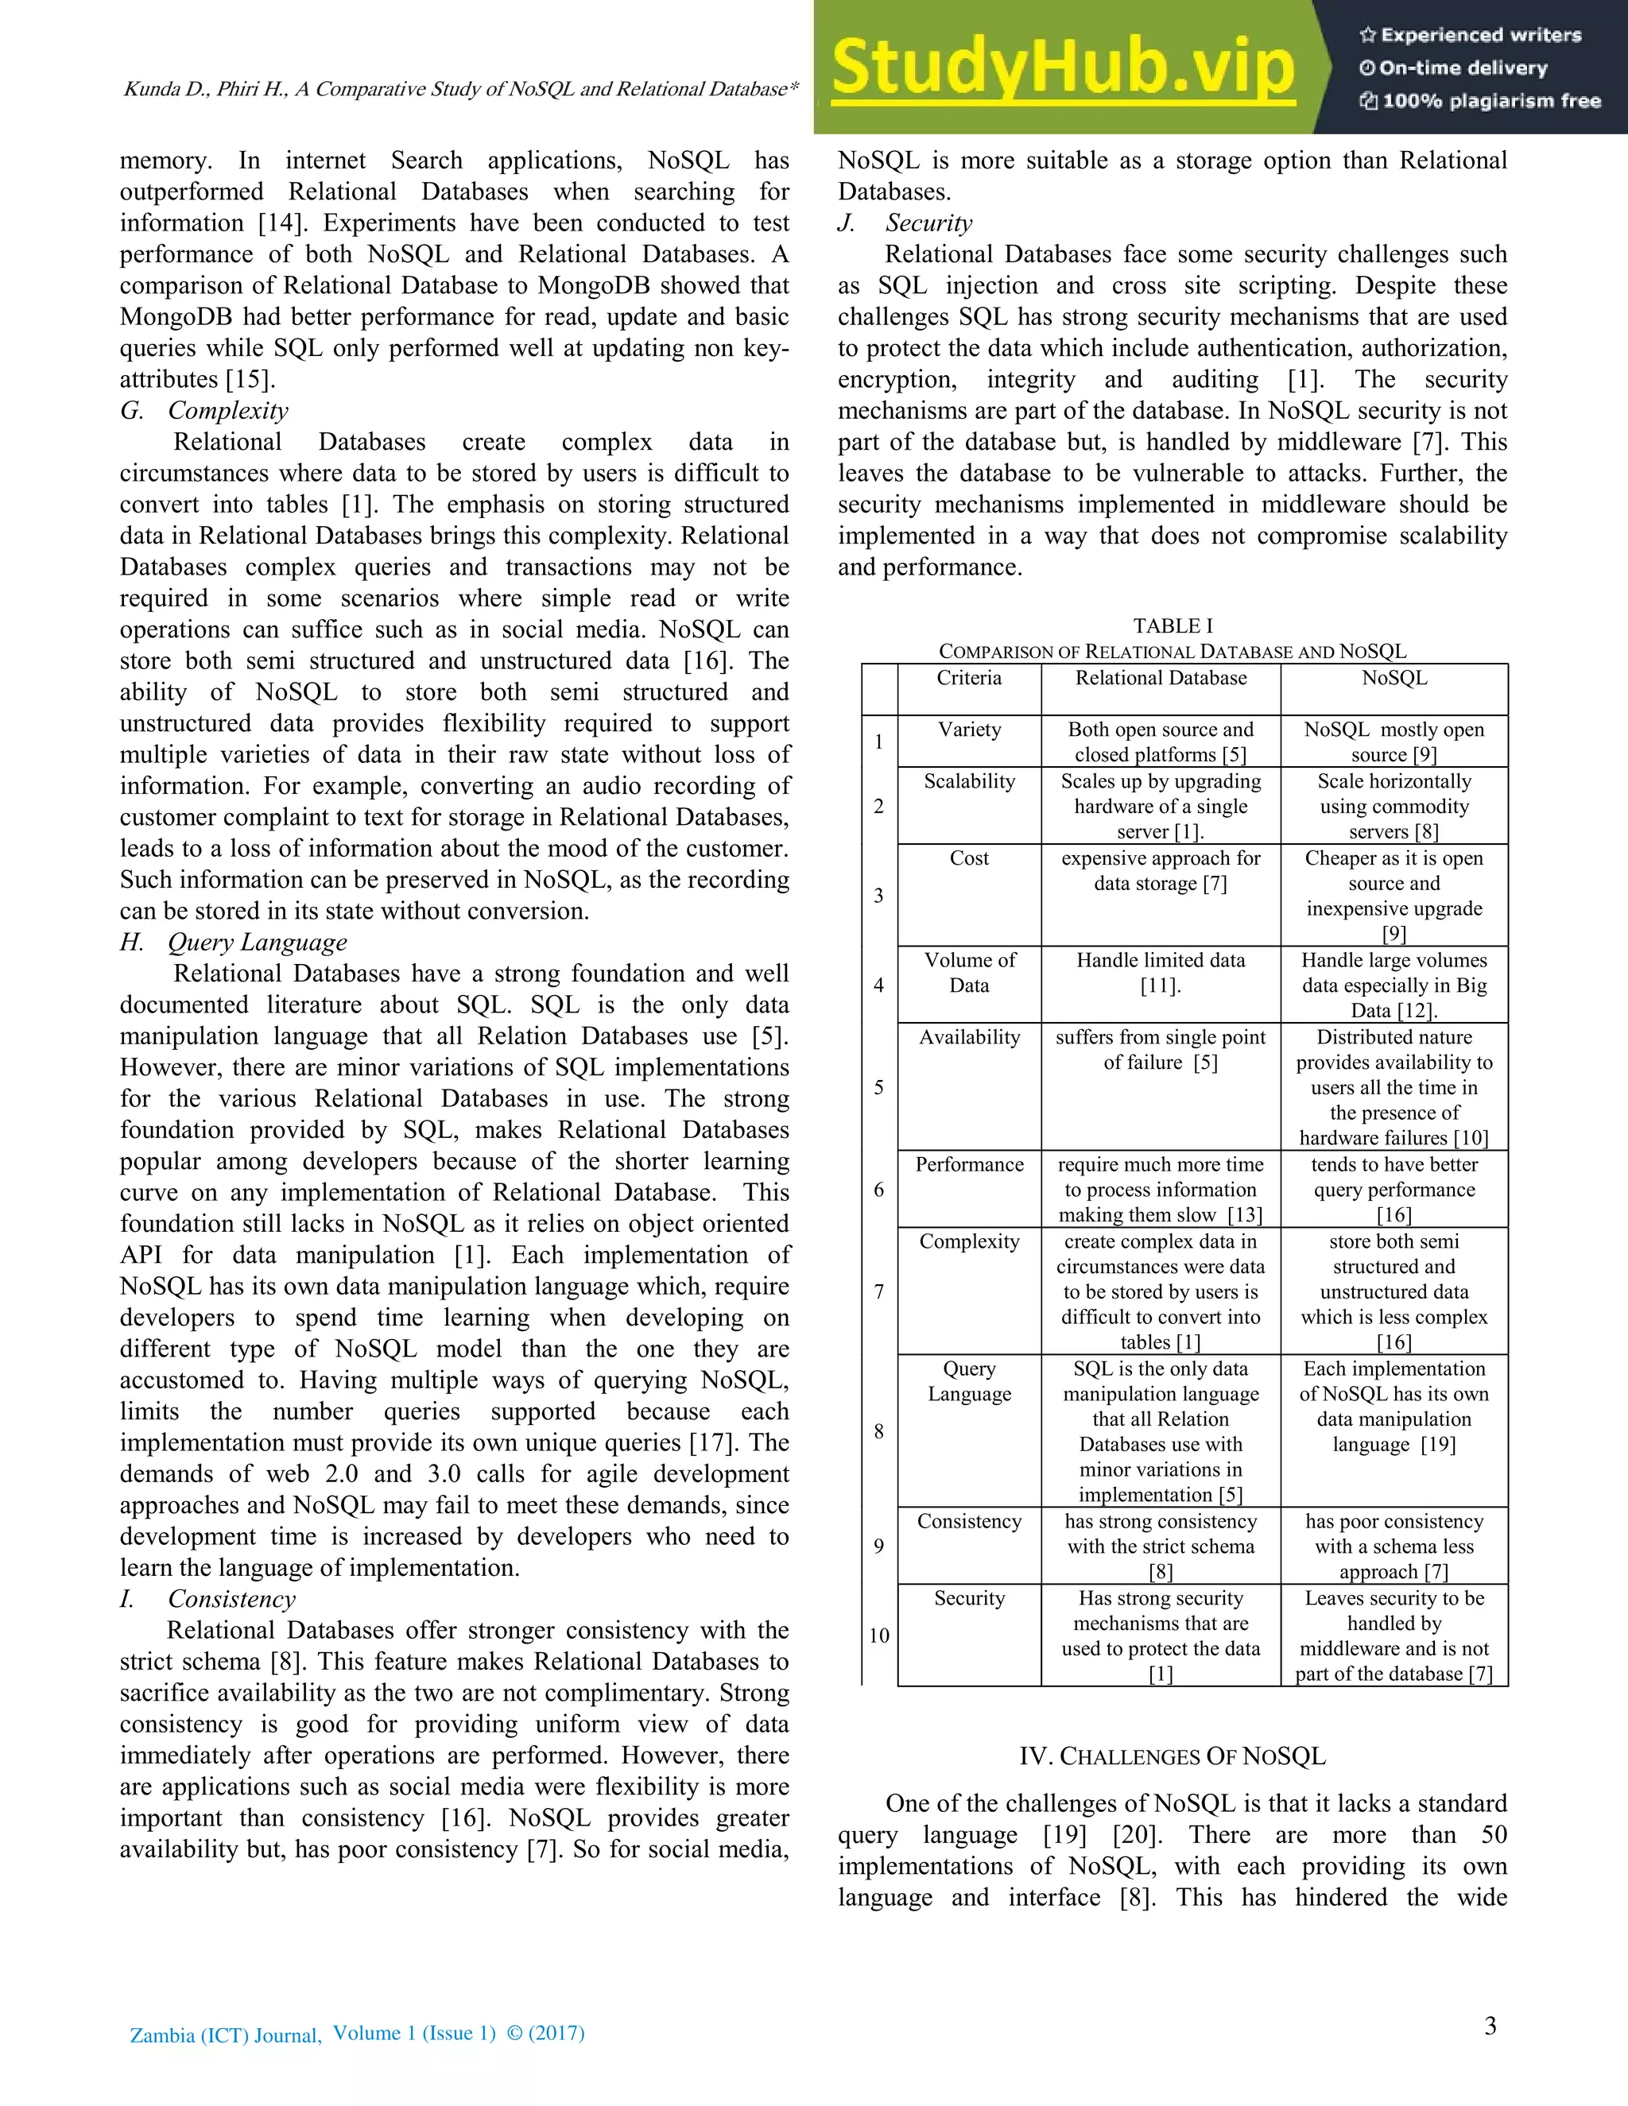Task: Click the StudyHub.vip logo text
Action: pyautogui.click(x=1063, y=68)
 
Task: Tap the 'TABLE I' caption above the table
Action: pyautogui.click(x=1172, y=625)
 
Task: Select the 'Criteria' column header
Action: pyautogui.click(x=968, y=678)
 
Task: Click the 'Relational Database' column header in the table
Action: pyautogui.click(x=1161, y=678)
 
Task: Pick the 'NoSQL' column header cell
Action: pyautogui.click(x=1393, y=678)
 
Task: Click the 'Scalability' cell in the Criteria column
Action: pyautogui.click(x=968, y=781)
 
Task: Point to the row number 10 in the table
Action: pyautogui.click(x=878, y=1636)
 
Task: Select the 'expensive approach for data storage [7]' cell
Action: pyautogui.click(x=1161, y=871)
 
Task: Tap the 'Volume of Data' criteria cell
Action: pyautogui.click(x=968, y=973)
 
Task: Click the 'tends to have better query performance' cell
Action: pyautogui.click(x=1393, y=1189)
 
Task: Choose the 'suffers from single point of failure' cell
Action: pyautogui.click(x=1161, y=1050)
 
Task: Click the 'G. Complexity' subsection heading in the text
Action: pyautogui.click(x=204, y=411)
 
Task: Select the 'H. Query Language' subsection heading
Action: pyautogui.click(x=234, y=942)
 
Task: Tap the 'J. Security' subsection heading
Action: pyautogui.click(x=905, y=223)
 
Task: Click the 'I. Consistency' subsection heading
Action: pyautogui.click(x=208, y=1599)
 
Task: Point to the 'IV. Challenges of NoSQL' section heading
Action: pyautogui.click(x=1172, y=1756)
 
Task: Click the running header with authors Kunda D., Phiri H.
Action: pyautogui.click(x=460, y=89)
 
